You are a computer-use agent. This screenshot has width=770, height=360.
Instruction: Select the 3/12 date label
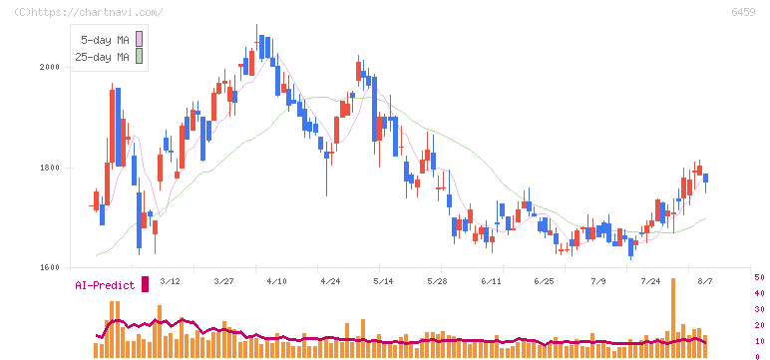coord(170,281)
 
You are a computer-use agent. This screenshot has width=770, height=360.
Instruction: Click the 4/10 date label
coord(276,281)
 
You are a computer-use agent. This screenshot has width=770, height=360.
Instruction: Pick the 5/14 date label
coord(383,281)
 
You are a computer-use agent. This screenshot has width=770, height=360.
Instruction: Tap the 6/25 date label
coord(544,281)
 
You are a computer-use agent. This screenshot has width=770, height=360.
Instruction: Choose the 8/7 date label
coord(706,281)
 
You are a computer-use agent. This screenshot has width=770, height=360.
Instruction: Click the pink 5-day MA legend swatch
coord(139,39)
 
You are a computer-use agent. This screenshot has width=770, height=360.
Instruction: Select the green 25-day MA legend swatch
coord(139,57)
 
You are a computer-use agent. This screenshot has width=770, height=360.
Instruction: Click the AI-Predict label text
coord(105,285)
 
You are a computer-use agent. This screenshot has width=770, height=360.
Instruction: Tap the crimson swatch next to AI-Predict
coord(145,284)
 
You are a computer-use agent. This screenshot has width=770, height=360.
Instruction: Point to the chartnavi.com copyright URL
coord(89,12)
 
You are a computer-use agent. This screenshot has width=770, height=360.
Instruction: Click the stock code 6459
coord(743,12)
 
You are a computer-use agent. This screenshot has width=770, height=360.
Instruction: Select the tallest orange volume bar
coord(673,318)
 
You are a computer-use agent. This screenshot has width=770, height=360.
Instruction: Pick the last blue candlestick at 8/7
coord(706,179)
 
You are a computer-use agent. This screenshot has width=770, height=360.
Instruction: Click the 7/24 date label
coord(650,281)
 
